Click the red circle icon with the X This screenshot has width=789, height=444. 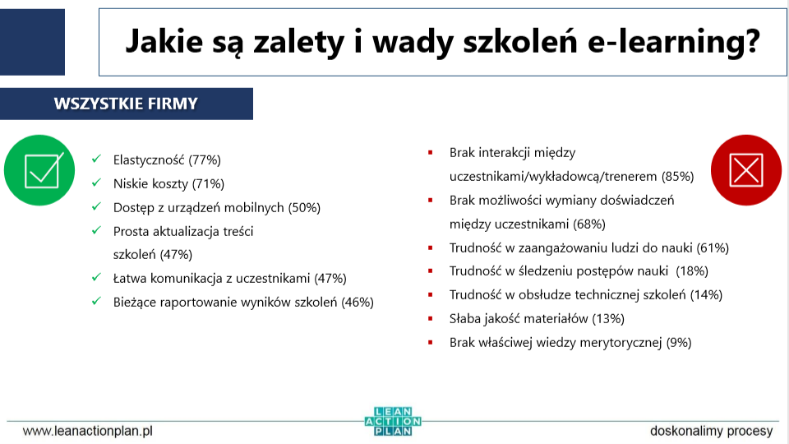coord(746,170)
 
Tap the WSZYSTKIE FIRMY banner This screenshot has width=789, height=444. coord(126,104)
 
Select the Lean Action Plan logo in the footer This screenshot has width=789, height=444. coord(393,421)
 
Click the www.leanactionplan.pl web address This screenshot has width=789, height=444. coord(88,430)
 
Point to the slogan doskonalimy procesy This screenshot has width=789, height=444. coord(711,430)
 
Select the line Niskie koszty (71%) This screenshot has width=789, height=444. coord(168,184)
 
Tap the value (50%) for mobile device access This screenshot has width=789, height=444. coord(304,208)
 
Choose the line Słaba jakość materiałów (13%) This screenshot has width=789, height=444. coord(537,318)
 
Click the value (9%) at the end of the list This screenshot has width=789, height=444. coord(679,342)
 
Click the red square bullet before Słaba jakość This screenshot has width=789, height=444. coord(430,318)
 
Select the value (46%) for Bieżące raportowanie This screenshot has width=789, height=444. coord(358,302)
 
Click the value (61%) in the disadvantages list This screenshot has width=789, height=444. coord(713,247)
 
